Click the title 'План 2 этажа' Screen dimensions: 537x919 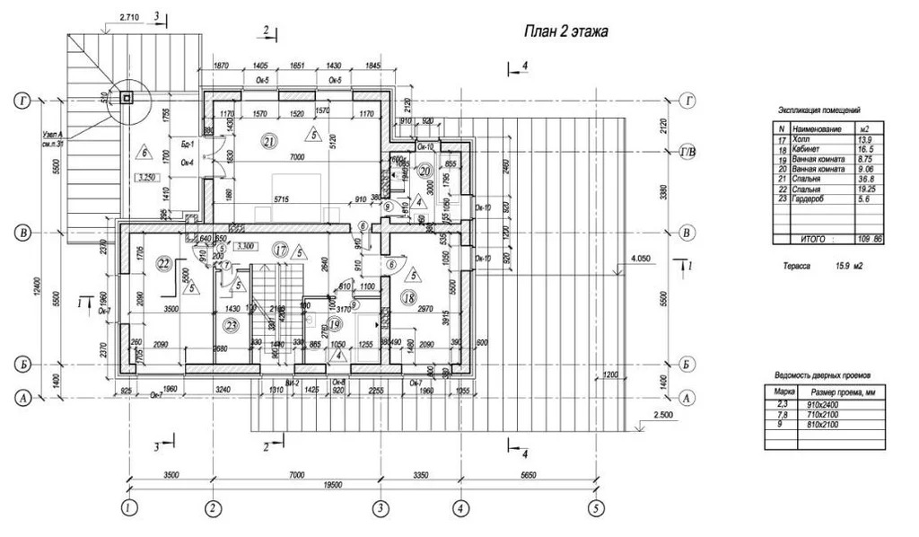(x=566, y=32)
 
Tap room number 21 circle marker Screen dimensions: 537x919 (x=270, y=140)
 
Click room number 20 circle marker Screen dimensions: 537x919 (x=425, y=170)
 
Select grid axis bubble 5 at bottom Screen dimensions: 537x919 (x=593, y=507)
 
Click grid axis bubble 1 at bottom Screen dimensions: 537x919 (x=130, y=507)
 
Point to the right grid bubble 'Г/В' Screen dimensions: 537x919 (x=689, y=151)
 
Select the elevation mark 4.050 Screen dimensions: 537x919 (x=641, y=259)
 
